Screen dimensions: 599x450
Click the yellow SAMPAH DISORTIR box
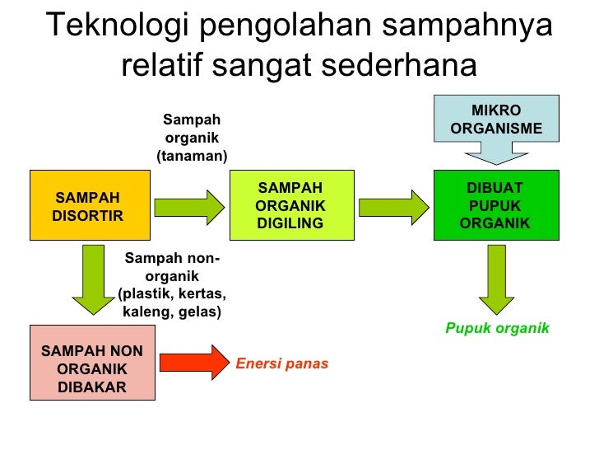point(90,205)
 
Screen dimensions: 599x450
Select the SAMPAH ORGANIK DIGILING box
point(290,205)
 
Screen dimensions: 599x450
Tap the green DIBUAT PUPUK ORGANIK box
point(495,205)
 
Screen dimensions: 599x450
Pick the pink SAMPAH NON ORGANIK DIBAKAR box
point(91,363)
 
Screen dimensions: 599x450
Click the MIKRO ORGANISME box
point(495,120)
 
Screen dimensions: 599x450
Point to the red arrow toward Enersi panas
point(192,363)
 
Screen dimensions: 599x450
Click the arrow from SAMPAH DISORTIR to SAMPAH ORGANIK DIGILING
point(189,205)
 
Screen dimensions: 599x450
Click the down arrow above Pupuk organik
point(496,280)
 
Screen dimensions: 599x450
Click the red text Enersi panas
point(282,363)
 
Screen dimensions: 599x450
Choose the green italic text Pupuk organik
point(497,328)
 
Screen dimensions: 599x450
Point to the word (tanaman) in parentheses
point(192,156)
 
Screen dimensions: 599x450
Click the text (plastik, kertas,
point(172,294)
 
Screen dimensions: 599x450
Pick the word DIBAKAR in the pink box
point(92,387)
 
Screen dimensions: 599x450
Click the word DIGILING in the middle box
point(290,223)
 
